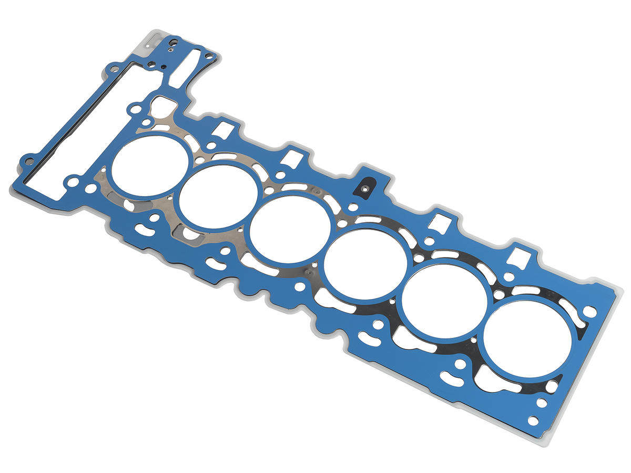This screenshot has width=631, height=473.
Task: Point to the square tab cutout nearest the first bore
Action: (225, 129)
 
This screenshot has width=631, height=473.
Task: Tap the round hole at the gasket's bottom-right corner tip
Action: (533, 420)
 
